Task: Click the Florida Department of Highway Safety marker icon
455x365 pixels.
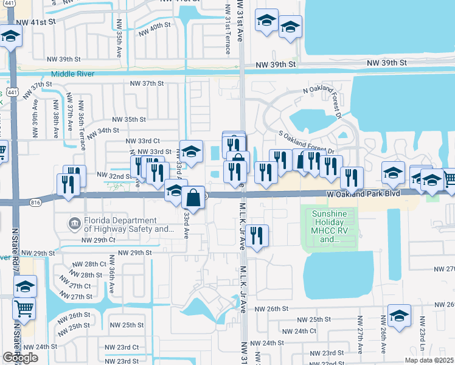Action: [75, 224]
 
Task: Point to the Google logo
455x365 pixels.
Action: [20, 357]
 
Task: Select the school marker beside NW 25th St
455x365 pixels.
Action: [398, 316]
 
